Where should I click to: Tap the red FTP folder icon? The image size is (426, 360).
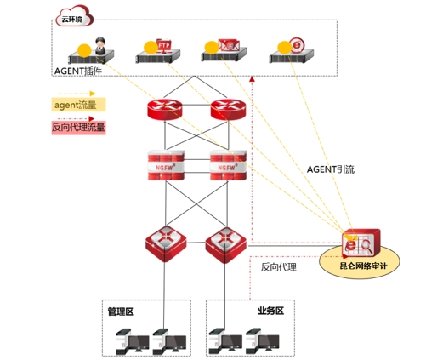pyautogui.click(x=164, y=46)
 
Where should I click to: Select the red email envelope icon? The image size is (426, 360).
pyautogui.click(x=229, y=45)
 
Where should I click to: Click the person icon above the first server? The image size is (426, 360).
pyautogui.click(x=100, y=46)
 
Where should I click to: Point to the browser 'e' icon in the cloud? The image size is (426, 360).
pyautogui.click(x=297, y=45)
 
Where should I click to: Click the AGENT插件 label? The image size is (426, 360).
pyautogui.click(x=78, y=71)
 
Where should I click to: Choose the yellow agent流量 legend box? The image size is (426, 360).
pyautogui.click(x=78, y=105)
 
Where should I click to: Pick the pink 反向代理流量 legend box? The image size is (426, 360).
pyautogui.click(x=78, y=128)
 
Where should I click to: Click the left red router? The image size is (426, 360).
pyautogui.click(x=165, y=109)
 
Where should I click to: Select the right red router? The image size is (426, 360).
pyautogui.click(x=228, y=109)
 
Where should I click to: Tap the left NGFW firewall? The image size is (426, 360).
pyautogui.click(x=166, y=165)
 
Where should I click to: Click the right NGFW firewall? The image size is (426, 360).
pyautogui.click(x=228, y=165)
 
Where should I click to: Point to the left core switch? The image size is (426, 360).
pyautogui.click(x=166, y=243)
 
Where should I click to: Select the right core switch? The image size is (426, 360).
pyautogui.click(x=226, y=245)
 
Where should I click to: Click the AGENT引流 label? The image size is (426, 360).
pyautogui.click(x=331, y=169)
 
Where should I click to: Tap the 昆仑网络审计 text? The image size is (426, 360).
pyautogui.click(x=363, y=266)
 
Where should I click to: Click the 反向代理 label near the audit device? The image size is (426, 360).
pyautogui.click(x=279, y=267)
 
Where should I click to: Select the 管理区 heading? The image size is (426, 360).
pyautogui.click(x=121, y=311)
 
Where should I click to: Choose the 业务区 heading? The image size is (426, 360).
pyautogui.click(x=270, y=311)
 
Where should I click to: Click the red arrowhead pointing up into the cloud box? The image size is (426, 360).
pyautogui.click(x=252, y=79)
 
